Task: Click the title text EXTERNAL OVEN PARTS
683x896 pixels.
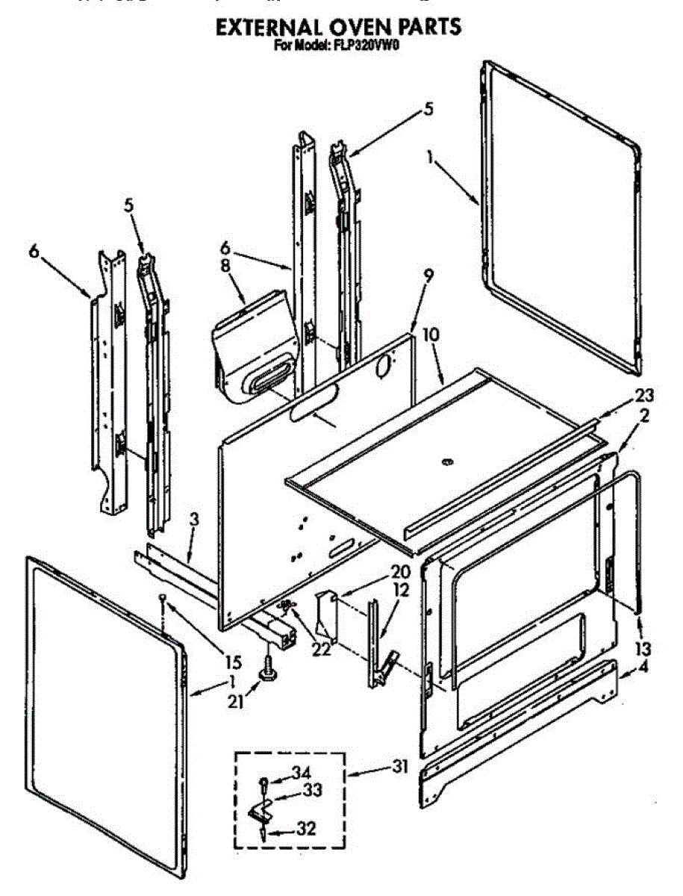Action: [338, 27]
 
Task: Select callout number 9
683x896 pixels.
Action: [427, 274]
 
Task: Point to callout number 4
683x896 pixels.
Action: [643, 668]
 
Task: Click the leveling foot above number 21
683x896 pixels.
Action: [266, 671]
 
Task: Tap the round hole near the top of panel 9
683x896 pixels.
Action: [384, 366]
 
